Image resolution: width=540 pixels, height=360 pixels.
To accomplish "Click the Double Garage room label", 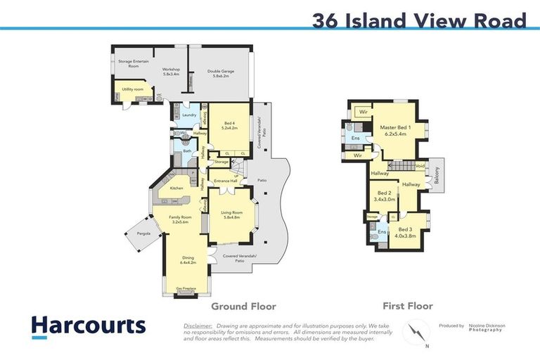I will coord(219,73).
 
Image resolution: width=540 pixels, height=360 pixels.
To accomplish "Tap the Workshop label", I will coord(171,72).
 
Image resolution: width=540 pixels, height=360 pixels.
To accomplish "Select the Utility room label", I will coord(132,90).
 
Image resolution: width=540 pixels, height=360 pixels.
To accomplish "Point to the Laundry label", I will coord(188,115).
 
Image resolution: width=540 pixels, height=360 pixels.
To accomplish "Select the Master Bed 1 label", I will coord(395,131).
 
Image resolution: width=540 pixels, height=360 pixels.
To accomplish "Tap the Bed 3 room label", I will coord(407,233).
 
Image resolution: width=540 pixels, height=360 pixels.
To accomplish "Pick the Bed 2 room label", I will coord(385,195).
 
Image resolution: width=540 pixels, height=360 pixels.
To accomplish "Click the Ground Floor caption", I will coord(244,306).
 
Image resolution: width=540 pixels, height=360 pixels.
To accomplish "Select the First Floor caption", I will coord(407,306).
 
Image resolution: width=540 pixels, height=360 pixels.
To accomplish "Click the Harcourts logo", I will coord(88,326).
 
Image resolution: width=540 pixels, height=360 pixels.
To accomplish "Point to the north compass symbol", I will coord(416,330).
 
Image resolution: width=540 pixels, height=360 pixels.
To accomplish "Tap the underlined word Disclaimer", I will coord(198,326).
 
